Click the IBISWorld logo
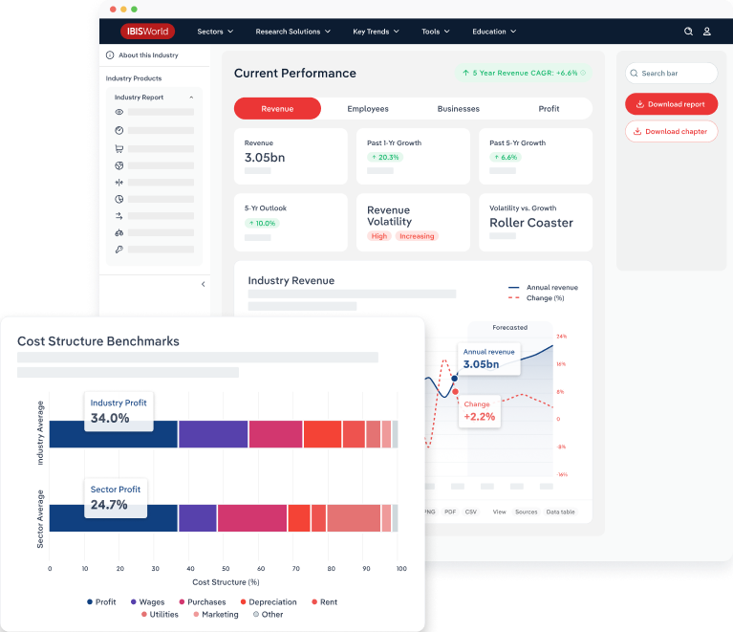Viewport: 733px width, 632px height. pos(147,32)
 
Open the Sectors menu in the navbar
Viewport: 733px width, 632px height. pos(215,32)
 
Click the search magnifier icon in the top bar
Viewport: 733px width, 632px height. pos(688,32)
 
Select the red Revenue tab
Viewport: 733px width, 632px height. pos(277,109)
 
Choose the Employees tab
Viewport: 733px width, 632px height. pos(368,109)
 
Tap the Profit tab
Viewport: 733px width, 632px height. pos(549,109)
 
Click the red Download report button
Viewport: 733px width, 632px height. pos(671,103)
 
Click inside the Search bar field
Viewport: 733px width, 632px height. pos(671,73)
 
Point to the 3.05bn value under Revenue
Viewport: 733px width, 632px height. pos(265,157)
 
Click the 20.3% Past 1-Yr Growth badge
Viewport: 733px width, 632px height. pos(385,157)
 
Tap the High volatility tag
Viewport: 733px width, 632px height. pos(379,236)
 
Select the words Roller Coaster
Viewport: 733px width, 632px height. pos(531,223)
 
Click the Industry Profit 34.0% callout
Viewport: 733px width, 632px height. pos(119,411)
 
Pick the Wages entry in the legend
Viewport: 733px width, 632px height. pos(148,602)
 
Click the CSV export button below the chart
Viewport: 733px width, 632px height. pos(471,512)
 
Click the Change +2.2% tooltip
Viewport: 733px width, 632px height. pos(480,411)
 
